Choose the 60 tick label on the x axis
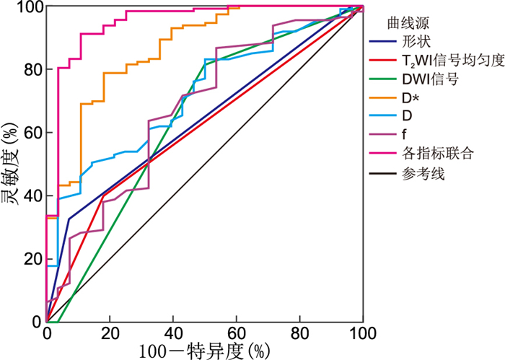click(236, 333)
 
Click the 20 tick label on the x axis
click(110, 333)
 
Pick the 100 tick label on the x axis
click(363, 333)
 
